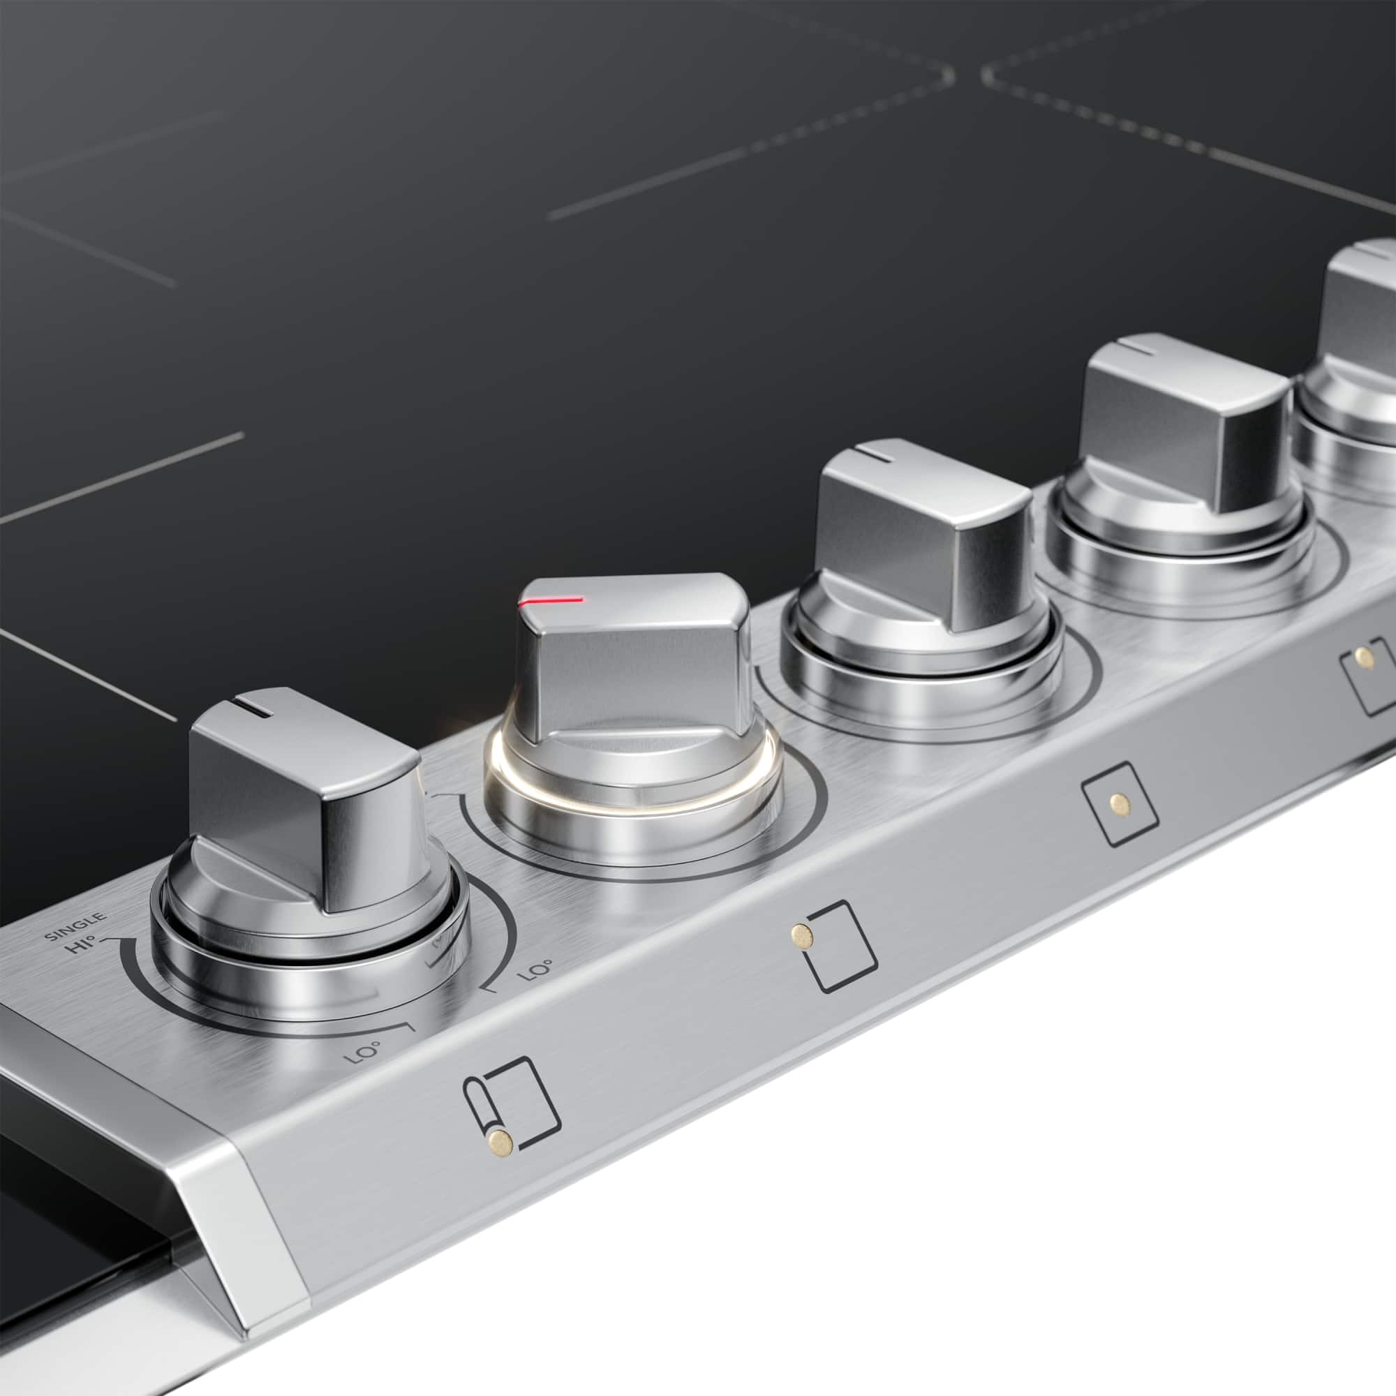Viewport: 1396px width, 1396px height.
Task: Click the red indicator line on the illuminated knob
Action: pyautogui.click(x=551, y=601)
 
